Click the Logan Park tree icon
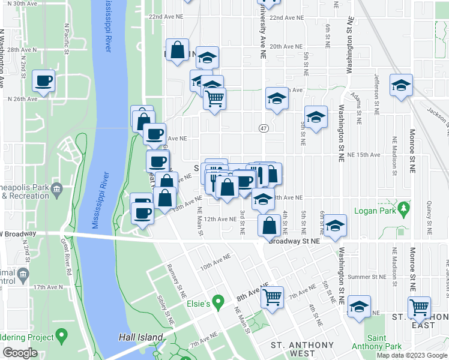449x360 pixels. pyautogui.click(x=405, y=208)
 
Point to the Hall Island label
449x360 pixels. pyautogui.click(x=141, y=338)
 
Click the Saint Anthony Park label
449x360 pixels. pyautogui.click(x=376, y=342)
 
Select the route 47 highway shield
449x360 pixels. pyautogui.click(x=264, y=128)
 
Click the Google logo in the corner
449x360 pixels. pyautogui.click(x=20, y=353)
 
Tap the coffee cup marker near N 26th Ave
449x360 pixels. pyautogui.click(x=44, y=81)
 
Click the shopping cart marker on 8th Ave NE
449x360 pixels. pyautogui.click(x=273, y=296)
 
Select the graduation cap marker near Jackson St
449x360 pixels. pyautogui.click(x=401, y=85)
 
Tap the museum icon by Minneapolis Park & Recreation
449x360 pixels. pyautogui.click(x=57, y=189)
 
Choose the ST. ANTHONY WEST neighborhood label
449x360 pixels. pyautogui.click(x=302, y=349)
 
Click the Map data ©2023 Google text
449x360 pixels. pyautogui.click(x=411, y=355)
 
